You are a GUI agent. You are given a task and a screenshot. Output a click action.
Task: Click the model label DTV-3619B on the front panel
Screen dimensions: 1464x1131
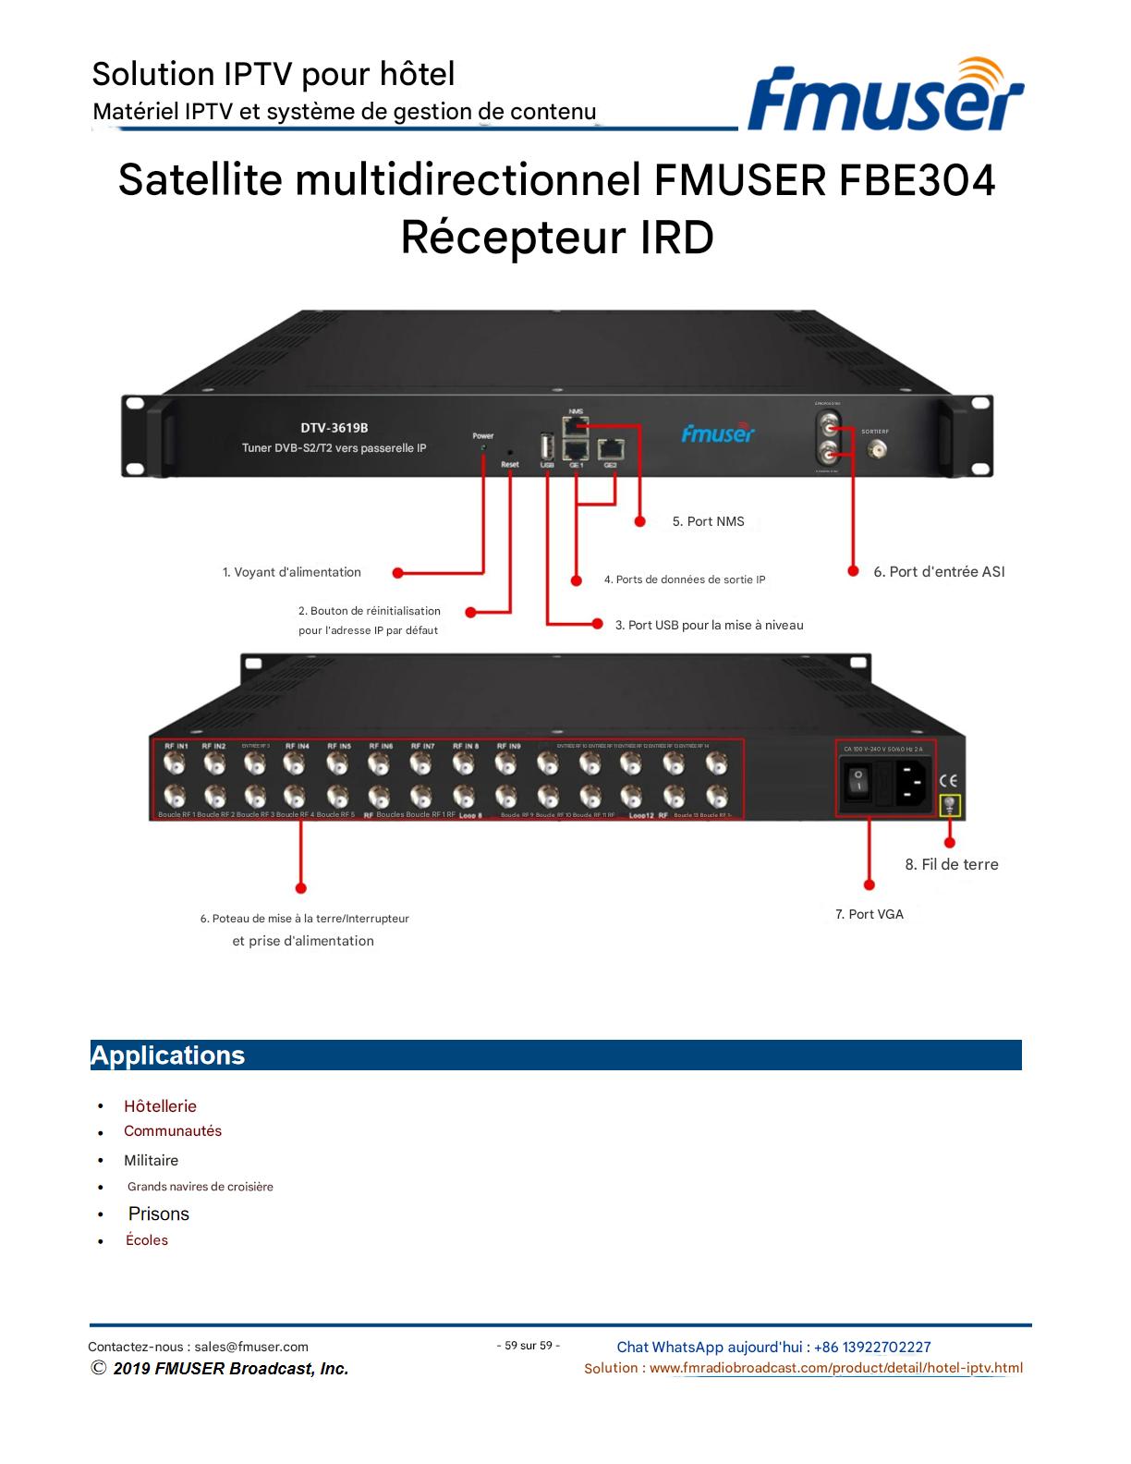pos(334,428)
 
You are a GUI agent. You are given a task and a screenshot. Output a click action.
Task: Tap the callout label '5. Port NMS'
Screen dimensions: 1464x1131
pos(708,521)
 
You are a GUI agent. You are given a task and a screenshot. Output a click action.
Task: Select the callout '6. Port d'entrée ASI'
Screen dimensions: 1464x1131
pos(938,572)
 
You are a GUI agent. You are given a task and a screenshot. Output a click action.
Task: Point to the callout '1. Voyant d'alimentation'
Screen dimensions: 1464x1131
pos(291,573)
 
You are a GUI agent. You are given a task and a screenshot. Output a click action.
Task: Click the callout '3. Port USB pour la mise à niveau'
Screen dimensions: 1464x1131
pos(709,626)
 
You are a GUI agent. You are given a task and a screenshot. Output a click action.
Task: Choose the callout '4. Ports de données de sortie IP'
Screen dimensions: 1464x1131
pos(684,580)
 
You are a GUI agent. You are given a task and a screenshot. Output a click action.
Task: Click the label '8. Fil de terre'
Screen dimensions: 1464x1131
pos(951,865)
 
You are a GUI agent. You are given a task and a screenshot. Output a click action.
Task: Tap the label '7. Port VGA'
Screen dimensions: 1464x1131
pos(869,915)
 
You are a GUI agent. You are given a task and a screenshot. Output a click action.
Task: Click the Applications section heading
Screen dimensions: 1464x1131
pos(168,1055)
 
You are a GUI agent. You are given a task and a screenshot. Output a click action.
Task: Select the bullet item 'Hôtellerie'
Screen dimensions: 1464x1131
pos(160,1106)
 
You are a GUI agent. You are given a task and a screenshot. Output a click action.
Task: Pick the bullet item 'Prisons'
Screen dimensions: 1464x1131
pos(158,1214)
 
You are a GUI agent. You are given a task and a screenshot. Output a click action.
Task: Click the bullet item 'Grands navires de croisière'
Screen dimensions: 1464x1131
pos(200,1187)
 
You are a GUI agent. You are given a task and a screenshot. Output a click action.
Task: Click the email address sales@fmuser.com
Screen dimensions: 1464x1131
pos(251,1348)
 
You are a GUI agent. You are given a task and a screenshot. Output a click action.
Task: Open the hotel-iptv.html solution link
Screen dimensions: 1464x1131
pos(835,1369)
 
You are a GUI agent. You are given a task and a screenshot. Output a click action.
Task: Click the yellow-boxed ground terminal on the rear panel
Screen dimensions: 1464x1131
pos(949,806)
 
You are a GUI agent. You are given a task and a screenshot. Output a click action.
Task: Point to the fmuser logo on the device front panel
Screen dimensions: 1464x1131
pos(718,433)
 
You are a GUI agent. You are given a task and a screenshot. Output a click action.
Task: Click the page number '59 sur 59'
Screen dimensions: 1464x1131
pos(528,1346)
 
